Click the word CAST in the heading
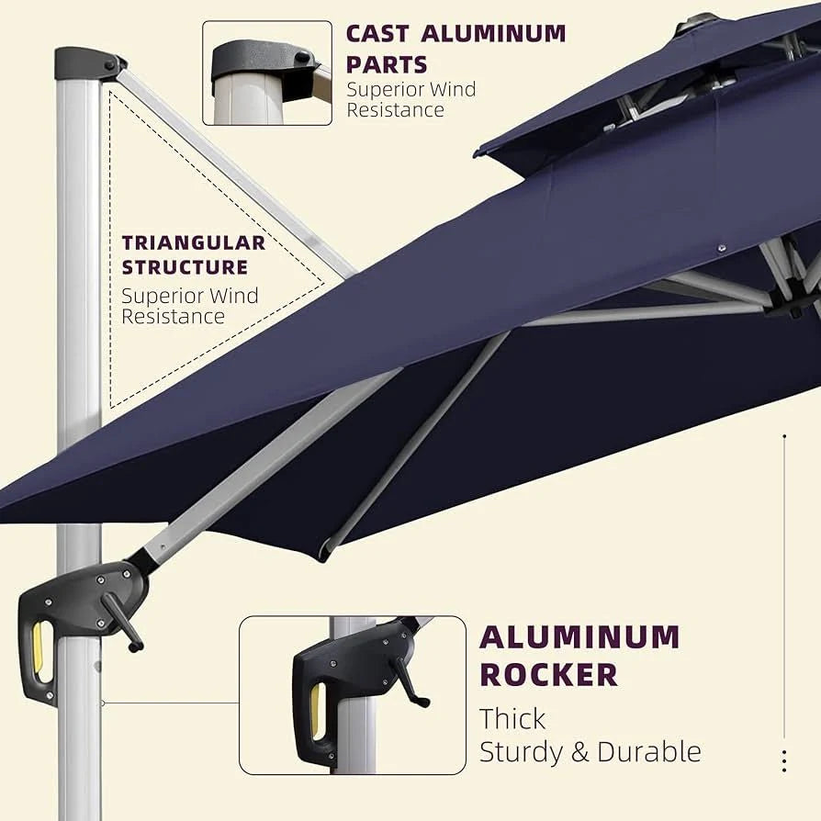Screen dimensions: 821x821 pos(377,34)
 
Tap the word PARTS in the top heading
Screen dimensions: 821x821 pos(387,65)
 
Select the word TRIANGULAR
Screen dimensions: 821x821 pos(194,243)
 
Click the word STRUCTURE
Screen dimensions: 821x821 pos(185,267)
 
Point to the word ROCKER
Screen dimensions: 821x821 pos(549,674)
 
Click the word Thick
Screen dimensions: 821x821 pos(512,718)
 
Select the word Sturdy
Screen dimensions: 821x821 pos(521,753)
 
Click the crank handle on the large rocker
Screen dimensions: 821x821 pos(122,623)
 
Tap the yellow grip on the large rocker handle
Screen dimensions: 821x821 pos(39,647)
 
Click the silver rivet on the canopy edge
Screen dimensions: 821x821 pos(722,248)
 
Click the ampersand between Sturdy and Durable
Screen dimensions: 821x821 pos(579,752)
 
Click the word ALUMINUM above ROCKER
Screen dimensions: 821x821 pos(579,636)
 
